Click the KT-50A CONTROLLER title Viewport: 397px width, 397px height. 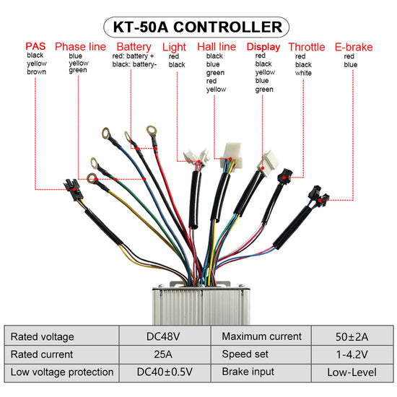[198, 27]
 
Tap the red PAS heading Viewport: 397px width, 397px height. [35, 46]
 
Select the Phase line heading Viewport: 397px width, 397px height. [80, 47]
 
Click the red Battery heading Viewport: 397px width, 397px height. [134, 47]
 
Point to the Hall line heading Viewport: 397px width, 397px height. [217, 47]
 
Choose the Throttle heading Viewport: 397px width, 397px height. [307, 47]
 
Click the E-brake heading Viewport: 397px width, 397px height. [354, 47]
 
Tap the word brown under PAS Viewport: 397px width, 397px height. [37, 72]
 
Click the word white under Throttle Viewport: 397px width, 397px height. [303, 73]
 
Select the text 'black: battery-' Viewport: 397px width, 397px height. [134, 64]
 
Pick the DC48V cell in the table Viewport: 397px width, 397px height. [163, 336]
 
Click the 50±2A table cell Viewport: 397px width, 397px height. [352, 337]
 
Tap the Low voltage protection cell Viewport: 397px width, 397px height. [62, 372]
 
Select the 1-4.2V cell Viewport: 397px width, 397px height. [352, 354]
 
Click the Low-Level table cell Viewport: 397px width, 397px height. [352, 372]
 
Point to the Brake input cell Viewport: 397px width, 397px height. [261, 372]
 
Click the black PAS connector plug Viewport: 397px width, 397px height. [73, 189]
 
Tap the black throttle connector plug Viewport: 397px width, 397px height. [285, 176]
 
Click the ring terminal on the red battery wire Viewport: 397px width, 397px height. [152, 131]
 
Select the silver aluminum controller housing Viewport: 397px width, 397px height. [201, 304]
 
